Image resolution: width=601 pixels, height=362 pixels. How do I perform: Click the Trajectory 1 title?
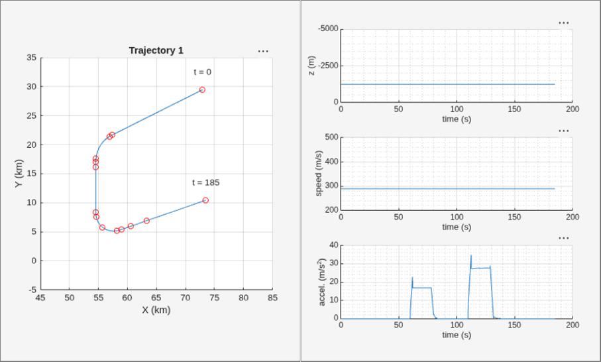coord(156,50)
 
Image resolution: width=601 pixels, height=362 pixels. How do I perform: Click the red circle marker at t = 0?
coord(202,90)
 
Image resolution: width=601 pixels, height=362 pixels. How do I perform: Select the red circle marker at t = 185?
coord(205,200)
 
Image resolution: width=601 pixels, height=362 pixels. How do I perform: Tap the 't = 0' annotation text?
coord(202,72)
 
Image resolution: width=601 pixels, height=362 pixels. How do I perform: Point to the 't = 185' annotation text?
coord(206,182)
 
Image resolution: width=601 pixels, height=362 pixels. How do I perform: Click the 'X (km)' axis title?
coord(156,310)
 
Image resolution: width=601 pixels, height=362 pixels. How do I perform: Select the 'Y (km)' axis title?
coord(19,173)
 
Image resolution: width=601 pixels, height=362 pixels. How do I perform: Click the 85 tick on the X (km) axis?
coord(272,298)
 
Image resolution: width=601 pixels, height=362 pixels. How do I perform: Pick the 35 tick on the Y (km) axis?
coord(32,58)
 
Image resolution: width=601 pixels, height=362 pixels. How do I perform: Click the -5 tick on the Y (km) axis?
coord(32,290)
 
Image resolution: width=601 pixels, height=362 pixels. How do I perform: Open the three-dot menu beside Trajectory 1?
coord(263,51)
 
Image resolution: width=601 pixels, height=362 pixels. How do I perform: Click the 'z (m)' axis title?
coord(311,66)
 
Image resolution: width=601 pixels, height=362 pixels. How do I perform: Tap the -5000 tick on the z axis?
coord(328,29)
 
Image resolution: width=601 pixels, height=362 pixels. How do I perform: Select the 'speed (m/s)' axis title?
coord(319,173)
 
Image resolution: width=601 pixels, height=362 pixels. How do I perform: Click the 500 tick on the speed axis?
coord(331,137)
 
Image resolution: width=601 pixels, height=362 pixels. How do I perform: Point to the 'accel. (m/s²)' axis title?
coord(322,282)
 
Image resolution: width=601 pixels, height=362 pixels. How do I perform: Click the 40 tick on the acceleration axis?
coord(334,245)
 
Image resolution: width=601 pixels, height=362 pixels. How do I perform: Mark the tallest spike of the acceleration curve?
coord(471,255)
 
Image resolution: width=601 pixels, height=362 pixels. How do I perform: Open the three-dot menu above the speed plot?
coord(564,131)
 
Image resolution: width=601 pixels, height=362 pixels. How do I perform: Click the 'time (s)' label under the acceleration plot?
coord(457,335)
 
